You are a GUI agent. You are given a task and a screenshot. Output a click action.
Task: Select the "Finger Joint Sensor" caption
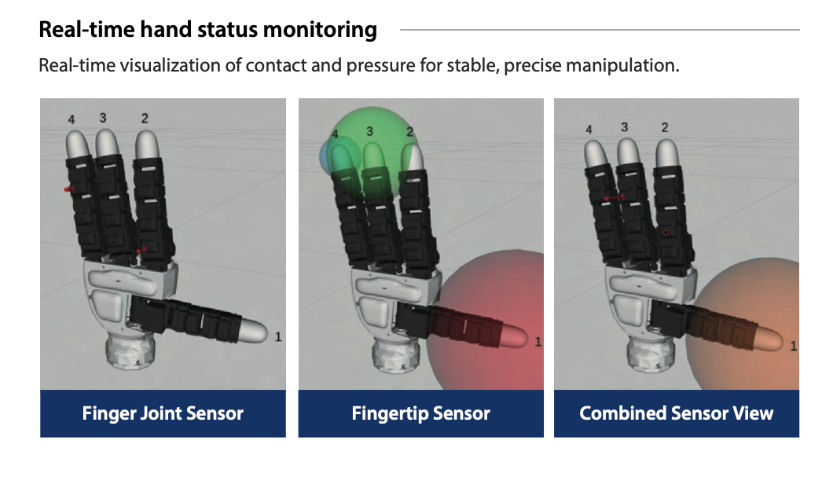(163, 413)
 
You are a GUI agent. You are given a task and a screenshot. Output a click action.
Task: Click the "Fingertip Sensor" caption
(421, 413)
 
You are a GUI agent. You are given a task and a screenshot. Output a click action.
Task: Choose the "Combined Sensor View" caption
(677, 413)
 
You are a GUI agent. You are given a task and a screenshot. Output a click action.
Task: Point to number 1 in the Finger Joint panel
(278, 336)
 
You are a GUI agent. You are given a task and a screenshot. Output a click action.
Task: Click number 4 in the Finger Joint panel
(72, 119)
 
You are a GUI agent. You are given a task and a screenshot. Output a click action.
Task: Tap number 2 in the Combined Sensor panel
(665, 127)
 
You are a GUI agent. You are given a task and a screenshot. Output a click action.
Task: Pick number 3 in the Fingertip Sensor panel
(369, 131)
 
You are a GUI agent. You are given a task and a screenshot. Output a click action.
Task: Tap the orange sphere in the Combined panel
(744, 325)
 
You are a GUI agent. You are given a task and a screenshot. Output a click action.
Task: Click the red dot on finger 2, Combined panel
(666, 233)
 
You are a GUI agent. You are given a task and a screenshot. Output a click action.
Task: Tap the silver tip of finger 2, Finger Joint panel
(147, 145)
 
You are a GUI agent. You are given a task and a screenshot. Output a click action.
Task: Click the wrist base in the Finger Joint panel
(130, 351)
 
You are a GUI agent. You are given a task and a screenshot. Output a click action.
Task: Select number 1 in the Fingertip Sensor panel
(538, 342)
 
